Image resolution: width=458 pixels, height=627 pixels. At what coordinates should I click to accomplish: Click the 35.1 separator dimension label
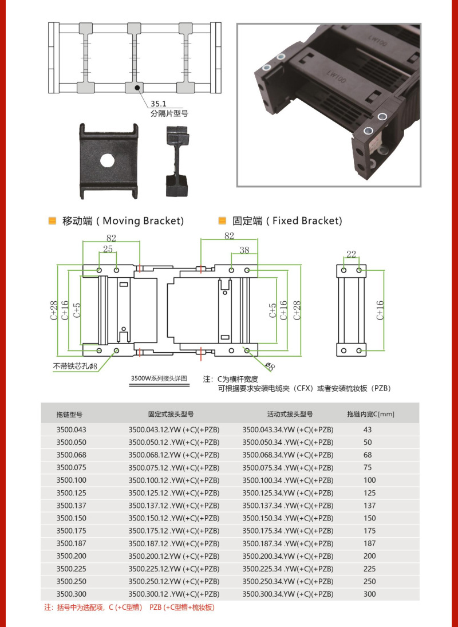(158, 104)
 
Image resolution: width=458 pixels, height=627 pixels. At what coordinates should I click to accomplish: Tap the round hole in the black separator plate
(108, 160)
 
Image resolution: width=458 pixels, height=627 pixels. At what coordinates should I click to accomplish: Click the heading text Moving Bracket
(143, 221)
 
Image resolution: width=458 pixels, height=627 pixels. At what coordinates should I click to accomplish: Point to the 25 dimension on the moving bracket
(108, 249)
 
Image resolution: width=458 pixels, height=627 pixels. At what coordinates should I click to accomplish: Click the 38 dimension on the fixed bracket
(244, 250)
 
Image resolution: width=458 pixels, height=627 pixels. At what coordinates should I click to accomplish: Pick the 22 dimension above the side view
(351, 254)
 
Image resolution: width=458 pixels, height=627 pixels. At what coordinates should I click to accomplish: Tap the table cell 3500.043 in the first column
(71, 429)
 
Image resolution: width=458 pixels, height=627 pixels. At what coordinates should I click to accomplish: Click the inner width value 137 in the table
(370, 506)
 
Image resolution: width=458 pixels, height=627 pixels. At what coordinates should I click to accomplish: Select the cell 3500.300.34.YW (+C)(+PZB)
(288, 594)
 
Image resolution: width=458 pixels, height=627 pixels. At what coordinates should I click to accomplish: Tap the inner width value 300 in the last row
(370, 594)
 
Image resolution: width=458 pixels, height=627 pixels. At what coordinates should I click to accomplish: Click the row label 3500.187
(71, 543)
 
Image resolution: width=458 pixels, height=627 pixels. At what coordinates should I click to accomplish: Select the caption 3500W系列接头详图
(159, 378)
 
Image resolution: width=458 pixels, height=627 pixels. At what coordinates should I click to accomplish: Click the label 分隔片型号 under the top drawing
(169, 113)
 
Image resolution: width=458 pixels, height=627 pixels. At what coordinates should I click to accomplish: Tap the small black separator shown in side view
(177, 160)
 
